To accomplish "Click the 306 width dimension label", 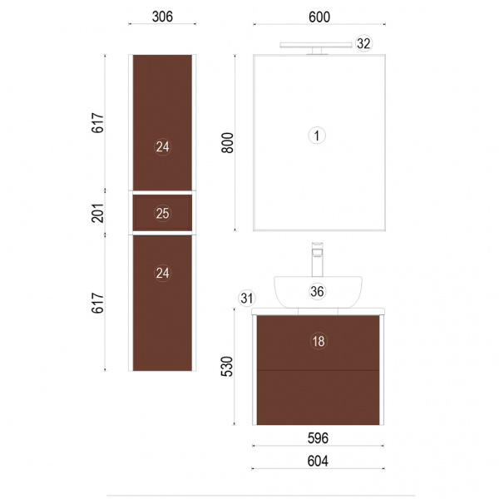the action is pyautogui.click(x=162, y=17).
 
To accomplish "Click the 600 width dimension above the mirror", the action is pyautogui.click(x=319, y=17).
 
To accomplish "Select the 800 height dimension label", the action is pyautogui.click(x=228, y=143).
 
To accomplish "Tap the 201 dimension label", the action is pyautogui.click(x=97, y=213).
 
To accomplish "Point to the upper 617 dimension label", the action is pyautogui.click(x=97, y=122).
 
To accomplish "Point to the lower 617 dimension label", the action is pyautogui.click(x=97, y=303).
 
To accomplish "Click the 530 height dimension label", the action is pyautogui.click(x=227, y=366).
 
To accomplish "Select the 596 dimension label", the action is pyautogui.click(x=318, y=438).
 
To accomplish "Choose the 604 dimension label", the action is pyautogui.click(x=318, y=461).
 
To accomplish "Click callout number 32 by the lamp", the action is pyautogui.click(x=363, y=43).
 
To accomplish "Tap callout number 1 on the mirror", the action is pyautogui.click(x=317, y=136).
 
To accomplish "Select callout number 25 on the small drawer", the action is pyautogui.click(x=163, y=213).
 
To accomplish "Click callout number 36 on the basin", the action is pyautogui.click(x=318, y=291).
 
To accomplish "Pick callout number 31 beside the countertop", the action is pyautogui.click(x=247, y=299).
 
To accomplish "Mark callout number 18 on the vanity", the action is pyautogui.click(x=319, y=341).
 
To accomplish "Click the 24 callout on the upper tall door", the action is pyautogui.click(x=163, y=146).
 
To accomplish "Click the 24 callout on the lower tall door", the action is pyautogui.click(x=163, y=273).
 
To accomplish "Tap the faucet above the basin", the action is pyautogui.click(x=318, y=259).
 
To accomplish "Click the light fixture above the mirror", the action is pyautogui.click(x=316, y=48).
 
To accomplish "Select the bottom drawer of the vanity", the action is pyautogui.click(x=318, y=398).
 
